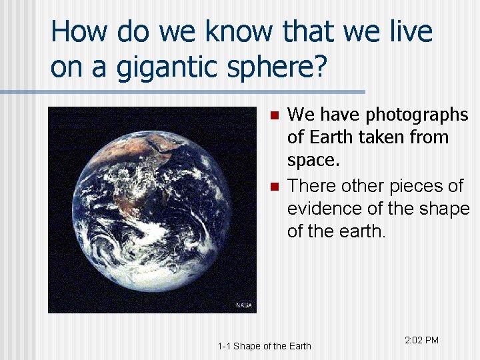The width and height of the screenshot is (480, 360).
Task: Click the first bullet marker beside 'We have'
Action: (x=272, y=115)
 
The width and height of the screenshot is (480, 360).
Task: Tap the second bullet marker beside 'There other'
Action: (x=272, y=186)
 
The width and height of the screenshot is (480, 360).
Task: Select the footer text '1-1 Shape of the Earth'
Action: (x=264, y=345)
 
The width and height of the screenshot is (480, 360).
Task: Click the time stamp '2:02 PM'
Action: (x=421, y=341)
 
